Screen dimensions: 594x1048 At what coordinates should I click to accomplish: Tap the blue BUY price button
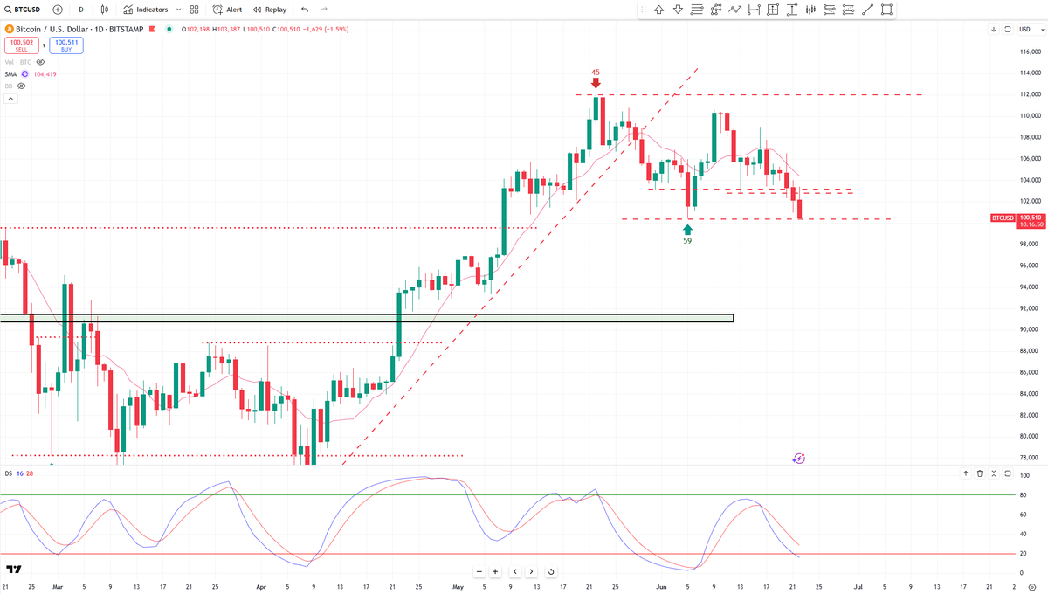[65, 45]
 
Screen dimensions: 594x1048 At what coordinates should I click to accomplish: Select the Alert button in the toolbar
[228, 10]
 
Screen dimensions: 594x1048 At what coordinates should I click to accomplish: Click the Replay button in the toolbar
[270, 10]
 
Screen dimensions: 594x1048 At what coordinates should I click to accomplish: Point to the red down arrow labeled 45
[596, 83]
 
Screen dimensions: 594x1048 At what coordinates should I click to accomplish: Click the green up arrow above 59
[688, 228]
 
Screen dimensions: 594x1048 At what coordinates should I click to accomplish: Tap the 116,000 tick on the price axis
[1031, 52]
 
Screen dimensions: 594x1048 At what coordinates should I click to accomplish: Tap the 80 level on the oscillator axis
[1024, 495]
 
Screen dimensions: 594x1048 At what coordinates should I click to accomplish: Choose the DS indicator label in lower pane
[8, 473]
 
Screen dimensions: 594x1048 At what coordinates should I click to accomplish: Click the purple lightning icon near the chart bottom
[799, 458]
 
